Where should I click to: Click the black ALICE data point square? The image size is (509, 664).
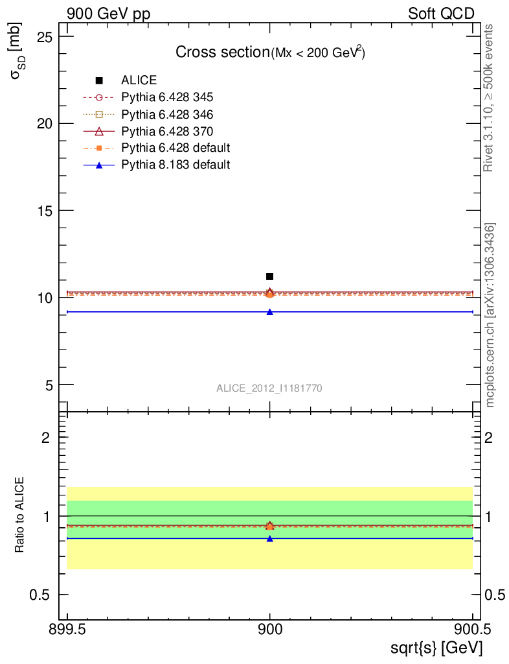coord(269,276)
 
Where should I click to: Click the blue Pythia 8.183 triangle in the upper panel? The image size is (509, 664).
coord(269,312)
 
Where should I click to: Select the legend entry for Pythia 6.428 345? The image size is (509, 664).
coord(167,97)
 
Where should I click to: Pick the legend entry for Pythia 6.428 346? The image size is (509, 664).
coord(167,114)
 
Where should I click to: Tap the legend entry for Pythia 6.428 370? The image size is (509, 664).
coord(167,131)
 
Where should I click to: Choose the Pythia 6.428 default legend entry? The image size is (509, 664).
coord(175,148)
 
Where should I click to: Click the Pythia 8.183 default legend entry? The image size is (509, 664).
coord(175,165)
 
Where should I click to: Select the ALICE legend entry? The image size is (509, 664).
coord(139,80)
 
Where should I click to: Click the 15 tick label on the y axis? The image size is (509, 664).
coord(45,210)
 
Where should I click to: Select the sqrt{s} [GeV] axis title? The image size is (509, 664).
coord(435,647)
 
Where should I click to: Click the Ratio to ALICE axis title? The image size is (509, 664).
coord(19,515)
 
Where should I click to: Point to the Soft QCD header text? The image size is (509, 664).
coord(441,14)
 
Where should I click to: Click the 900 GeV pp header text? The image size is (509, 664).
coord(109,14)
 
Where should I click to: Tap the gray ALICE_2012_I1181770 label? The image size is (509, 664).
coord(269,388)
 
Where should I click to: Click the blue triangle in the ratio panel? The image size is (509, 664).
coord(269,538)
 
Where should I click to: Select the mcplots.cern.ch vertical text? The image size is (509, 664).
coord(490,315)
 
